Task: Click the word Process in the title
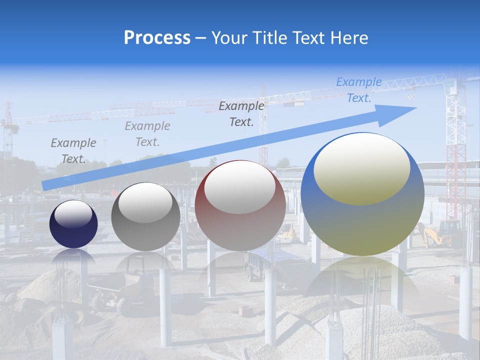pyautogui.click(x=157, y=37)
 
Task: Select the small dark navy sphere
pyautogui.click(x=73, y=224)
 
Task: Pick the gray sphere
pyautogui.click(x=145, y=217)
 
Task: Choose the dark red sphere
pyautogui.click(x=240, y=206)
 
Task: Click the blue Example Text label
pyautogui.click(x=359, y=90)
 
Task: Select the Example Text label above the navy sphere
pyautogui.click(x=73, y=151)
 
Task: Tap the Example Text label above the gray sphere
pyautogui.click(x=147, y=134)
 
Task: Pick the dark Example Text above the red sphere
pyautogui.click(x=241, y=113)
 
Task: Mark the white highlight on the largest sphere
pyautogui.click(x=361, y=169)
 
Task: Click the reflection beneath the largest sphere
pyautogui.click(x=362, y=280)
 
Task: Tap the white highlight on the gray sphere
pyautogui.click(x=145, y=202)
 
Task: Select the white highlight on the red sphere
pyautogui.click(x=240, y=187)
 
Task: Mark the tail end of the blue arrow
pyautogui.click(x=44, y=186)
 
